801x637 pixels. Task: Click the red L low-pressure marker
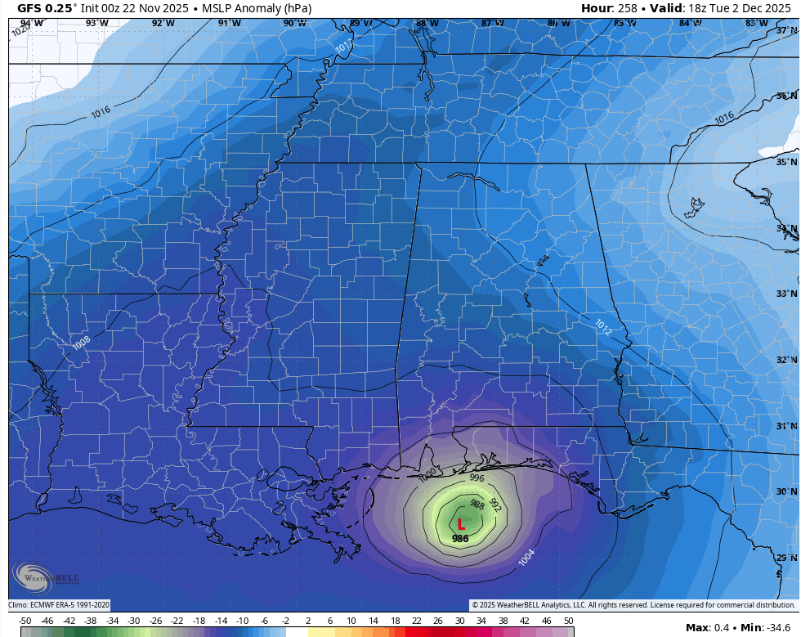(461, 524)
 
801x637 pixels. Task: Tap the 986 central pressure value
(460, 538)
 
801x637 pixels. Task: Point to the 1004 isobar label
(527, 557)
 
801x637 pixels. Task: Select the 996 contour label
(477, 478)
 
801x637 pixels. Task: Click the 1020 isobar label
(20, 30)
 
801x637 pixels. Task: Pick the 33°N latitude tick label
(786, 294)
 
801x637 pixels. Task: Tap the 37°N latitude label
(786, 30)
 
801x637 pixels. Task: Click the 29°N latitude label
(786, 558)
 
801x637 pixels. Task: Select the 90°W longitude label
(294, 23)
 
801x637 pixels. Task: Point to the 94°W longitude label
(31, 23)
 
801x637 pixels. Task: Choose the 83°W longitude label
(756, 23)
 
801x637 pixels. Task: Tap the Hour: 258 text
(609, 8)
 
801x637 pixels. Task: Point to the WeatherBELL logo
(46, 575)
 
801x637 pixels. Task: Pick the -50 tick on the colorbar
(25, 621)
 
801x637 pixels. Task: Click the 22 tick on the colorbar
(417, 621)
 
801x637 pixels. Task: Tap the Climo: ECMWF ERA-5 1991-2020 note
(59, 605)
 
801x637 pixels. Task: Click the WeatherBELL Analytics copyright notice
(633, 605)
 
